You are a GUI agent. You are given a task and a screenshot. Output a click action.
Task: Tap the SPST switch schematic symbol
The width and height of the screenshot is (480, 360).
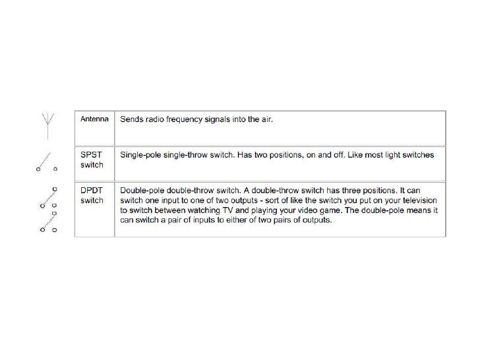coord(47,162)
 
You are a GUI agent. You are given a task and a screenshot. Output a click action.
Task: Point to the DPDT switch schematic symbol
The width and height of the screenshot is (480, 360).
coord(49,210)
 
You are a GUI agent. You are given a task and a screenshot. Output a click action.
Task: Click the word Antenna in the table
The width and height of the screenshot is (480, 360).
coord(94,119)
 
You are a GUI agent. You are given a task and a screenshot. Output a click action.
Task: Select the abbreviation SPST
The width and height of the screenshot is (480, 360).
coord(89,154)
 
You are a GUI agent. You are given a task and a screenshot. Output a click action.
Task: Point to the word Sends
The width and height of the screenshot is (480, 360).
coord(131,119)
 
